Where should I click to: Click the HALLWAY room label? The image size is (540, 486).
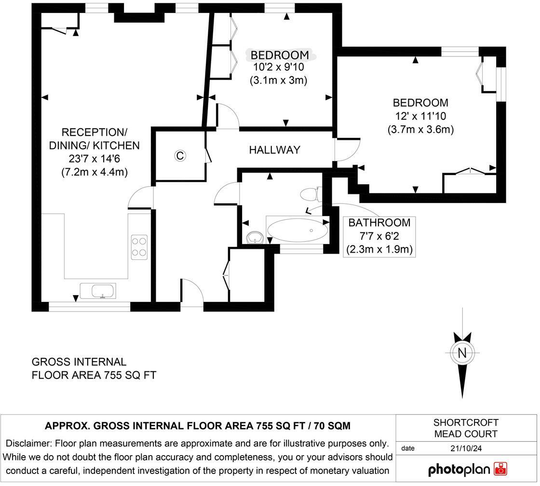pos(274,150)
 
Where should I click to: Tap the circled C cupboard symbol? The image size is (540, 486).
pos(180,156)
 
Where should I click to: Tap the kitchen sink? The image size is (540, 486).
pos(103,291)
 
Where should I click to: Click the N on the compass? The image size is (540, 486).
pos(462,352)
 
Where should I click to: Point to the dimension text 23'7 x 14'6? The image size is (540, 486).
pos(94,159)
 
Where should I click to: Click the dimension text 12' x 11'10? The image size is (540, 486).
pos(420,116)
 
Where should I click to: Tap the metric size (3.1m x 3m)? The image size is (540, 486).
pos(279,80)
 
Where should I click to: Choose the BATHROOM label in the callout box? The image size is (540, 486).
pos(379,223)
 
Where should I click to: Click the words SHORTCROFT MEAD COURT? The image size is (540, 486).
pos(466,428)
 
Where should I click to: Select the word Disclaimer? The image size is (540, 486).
pos(28,443)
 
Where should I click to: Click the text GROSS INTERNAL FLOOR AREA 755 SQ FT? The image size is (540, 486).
pos(94,368)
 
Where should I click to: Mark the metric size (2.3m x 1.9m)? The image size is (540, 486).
pos(379,250)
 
